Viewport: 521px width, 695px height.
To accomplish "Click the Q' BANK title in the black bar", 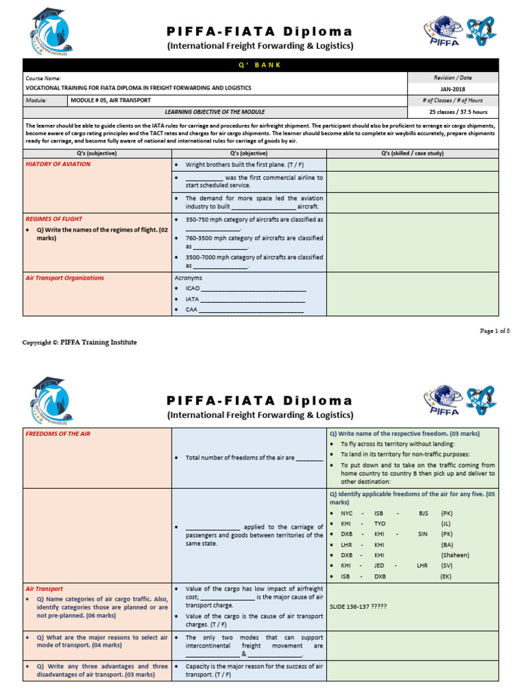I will coord(260,65).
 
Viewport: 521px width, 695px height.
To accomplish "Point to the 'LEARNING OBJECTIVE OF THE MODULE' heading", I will coord(215,112).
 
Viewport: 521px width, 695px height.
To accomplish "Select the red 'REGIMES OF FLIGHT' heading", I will coord(54,219).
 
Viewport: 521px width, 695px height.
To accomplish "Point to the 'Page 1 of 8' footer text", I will coord(495,330).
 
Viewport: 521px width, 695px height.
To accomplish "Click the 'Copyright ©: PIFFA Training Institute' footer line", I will coord(79,343).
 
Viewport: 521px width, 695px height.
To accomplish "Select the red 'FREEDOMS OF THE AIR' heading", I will coord(57,434).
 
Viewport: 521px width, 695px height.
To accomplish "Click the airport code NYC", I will coord(347,514).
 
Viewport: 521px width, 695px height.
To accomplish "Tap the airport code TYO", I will coord(380,524).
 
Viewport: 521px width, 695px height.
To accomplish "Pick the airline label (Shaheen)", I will coord(455,555).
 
